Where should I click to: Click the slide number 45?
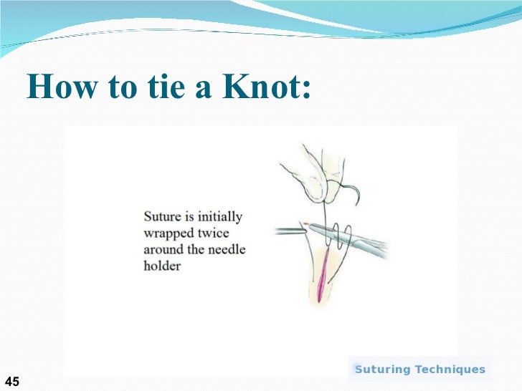(11, 381)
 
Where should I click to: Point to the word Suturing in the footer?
(383, 370)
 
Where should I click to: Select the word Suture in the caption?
(165, 216)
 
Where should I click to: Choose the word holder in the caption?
(162, 266)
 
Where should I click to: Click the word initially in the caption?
(216, 216)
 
